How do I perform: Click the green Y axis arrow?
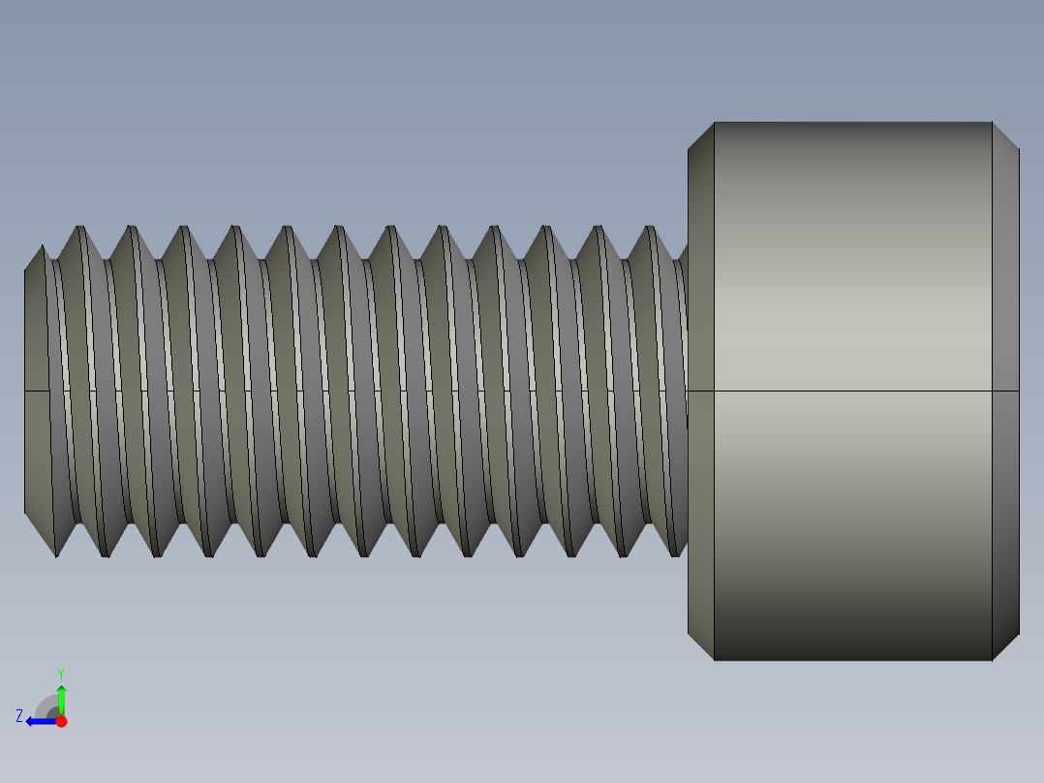click(x=61, y=698)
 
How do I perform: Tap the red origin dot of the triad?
click(x=61, y=721)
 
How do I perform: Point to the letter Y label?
click(x=60, y=673)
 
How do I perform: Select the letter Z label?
click(x=19, y=715)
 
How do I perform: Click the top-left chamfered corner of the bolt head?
click(x=700, y=137)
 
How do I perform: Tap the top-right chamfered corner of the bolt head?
click(x=1005, y=137)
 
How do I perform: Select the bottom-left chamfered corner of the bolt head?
click(x=700, y=646)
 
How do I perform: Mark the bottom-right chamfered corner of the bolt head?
click(x=1005, y=646)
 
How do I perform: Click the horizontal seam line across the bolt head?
click(x=852, y=391)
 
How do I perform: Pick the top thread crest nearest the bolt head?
click(x=652, y=229)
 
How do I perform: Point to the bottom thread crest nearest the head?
click(x=675, y=554)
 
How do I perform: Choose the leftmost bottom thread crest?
click(x=56, y=554)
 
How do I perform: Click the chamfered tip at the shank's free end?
click(x=37, y=391)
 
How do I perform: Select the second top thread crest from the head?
click(x=599, y=229)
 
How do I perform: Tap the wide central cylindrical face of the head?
click(x=852, y=291)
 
